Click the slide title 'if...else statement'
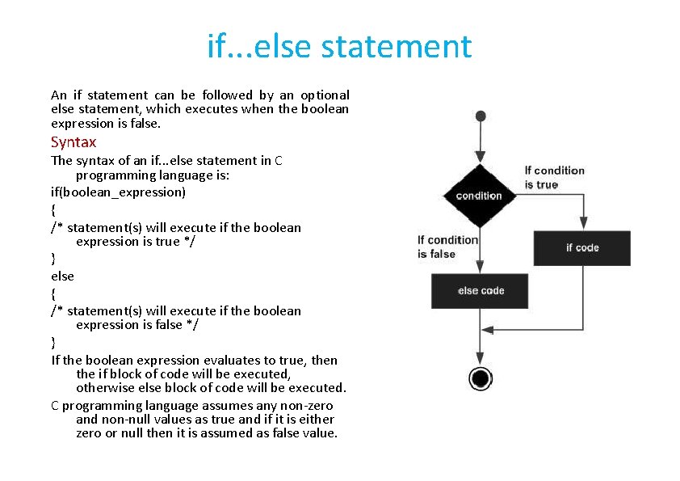pyautogui.click(x=339, y=46)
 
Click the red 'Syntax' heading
pyautogui.click(x=73, y=142)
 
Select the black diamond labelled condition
pyautogui.click(x=479, y=196)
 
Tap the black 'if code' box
pyautogui.click(x=581, y=248)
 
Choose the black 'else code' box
pyautogui.click(x=480, y=291)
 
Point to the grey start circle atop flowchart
pyautogui.click(x=481, y=116)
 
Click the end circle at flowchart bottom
pyautogui.click(x=481, y=378)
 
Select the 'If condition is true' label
pyautogui.click(x=554, y=177)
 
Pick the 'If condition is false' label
pyautogui.click(x=447, y=247)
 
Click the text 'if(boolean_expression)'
pyautogui.click(x=118, y=192)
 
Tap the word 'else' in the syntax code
pyautogui.click(x=62, y=276)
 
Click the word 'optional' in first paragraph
pyautogui.click(x=322, y=95)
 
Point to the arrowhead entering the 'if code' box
pyautogui.click(x=582, y=226)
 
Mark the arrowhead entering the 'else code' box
pyautogui.click(x=481, y=269)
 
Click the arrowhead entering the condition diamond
pyautogui.click(x=481, y=158)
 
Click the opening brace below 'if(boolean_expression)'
pyautogui.click(x=53, y=210)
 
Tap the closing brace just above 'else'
pyautogui.click(x=53, y=259)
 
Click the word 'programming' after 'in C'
pyautogui.click(x=112, y=175)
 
